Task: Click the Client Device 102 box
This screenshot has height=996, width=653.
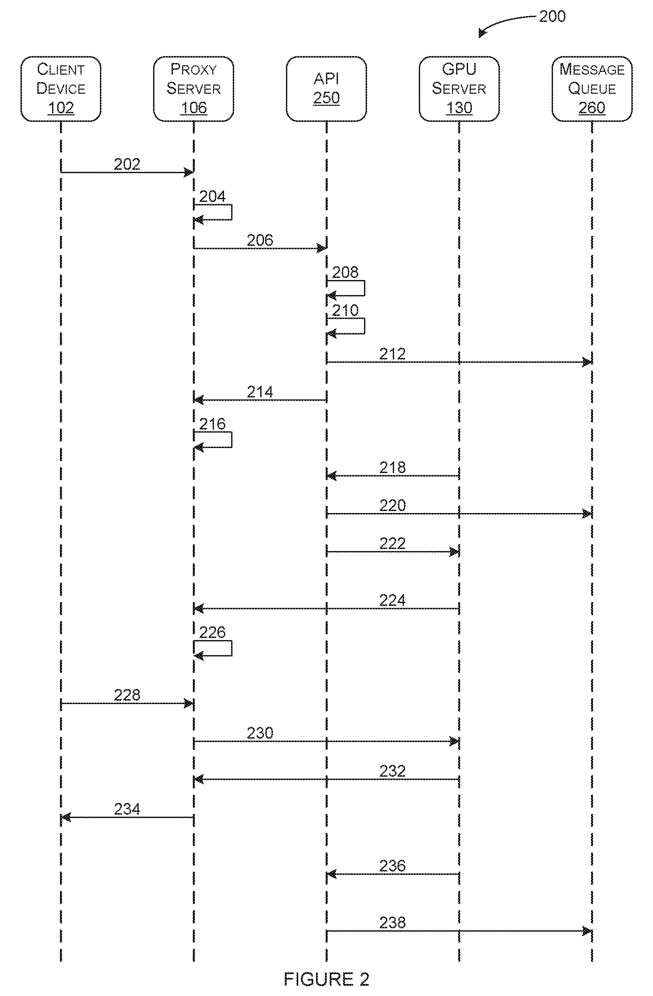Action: tap(61, 89)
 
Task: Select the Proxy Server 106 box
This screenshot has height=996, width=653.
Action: tap(193, 89)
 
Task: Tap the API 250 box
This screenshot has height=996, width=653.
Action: tap(327, 89)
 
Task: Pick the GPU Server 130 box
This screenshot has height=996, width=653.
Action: tap(459, 89)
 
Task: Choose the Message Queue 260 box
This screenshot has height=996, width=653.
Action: tap(592, 89)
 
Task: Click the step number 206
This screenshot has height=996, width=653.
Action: tap(260, 240)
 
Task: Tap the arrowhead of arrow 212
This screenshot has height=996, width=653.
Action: tap(587, 362)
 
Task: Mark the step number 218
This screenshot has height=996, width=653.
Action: tap(393, 468)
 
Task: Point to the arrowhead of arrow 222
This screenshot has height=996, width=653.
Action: tap(455, 552)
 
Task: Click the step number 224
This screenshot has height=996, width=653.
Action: tap(393, 601)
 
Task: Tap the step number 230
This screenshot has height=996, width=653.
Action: tap(260, 733)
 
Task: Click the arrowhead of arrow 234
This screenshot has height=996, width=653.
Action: tap(66, 817)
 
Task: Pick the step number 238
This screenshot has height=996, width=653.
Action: tap(393, 922)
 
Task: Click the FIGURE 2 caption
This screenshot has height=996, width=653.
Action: tap(327, 979)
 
